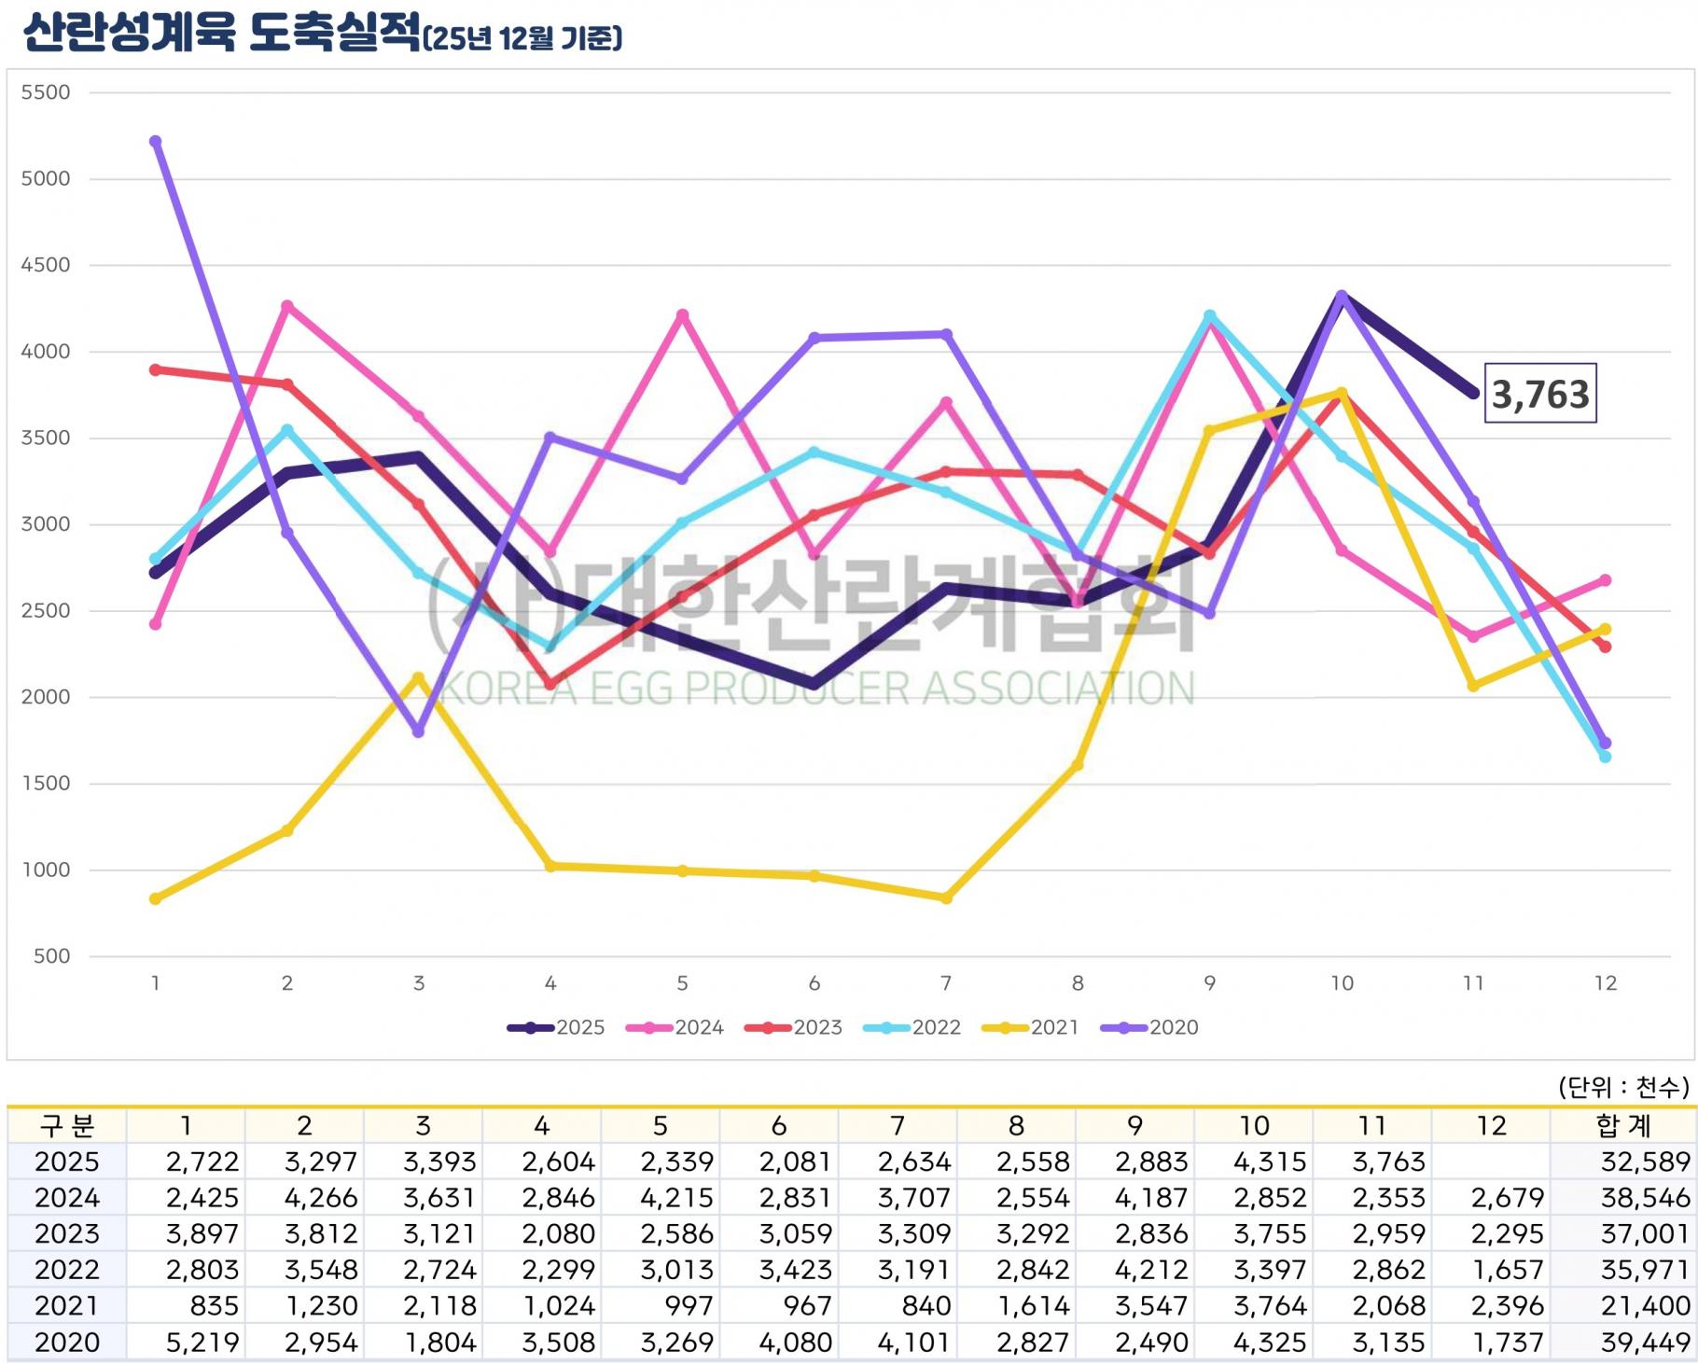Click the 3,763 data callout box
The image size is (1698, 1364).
pyautogui.click(x=1539, y=394)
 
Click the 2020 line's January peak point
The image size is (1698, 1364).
pyautogui.click(x=156, y=142)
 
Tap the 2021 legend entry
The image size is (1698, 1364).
pyautogui.click(x=1030, y=1027)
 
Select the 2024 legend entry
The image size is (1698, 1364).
pyautogui.click(x=675, y=1027)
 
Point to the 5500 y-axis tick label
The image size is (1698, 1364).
pyautogui.click(x=46, y=92)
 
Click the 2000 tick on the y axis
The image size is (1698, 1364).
pyautogui.click(x=46, y=697)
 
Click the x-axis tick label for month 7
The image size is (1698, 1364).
pyautogui.click(x=946, y=983)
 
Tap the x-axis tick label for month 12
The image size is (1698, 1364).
pyautogui.click(x=1605, y=983)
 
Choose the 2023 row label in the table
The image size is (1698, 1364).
pyautogui.click(x=66, y=1233)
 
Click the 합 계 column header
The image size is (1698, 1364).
pyautogui.click(x=1623, y=1126)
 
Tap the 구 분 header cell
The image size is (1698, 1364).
pyautogui.click(x=66, y=1126)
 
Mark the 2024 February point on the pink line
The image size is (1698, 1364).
pyautogui.click(x=287, y=306)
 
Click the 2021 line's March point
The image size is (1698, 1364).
pyautogui.click(x=419, y=677)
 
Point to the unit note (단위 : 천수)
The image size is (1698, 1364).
pyautogui.click(x=1622, y=1087)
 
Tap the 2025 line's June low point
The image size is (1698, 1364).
pyautogui.click(x=814, y=684)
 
